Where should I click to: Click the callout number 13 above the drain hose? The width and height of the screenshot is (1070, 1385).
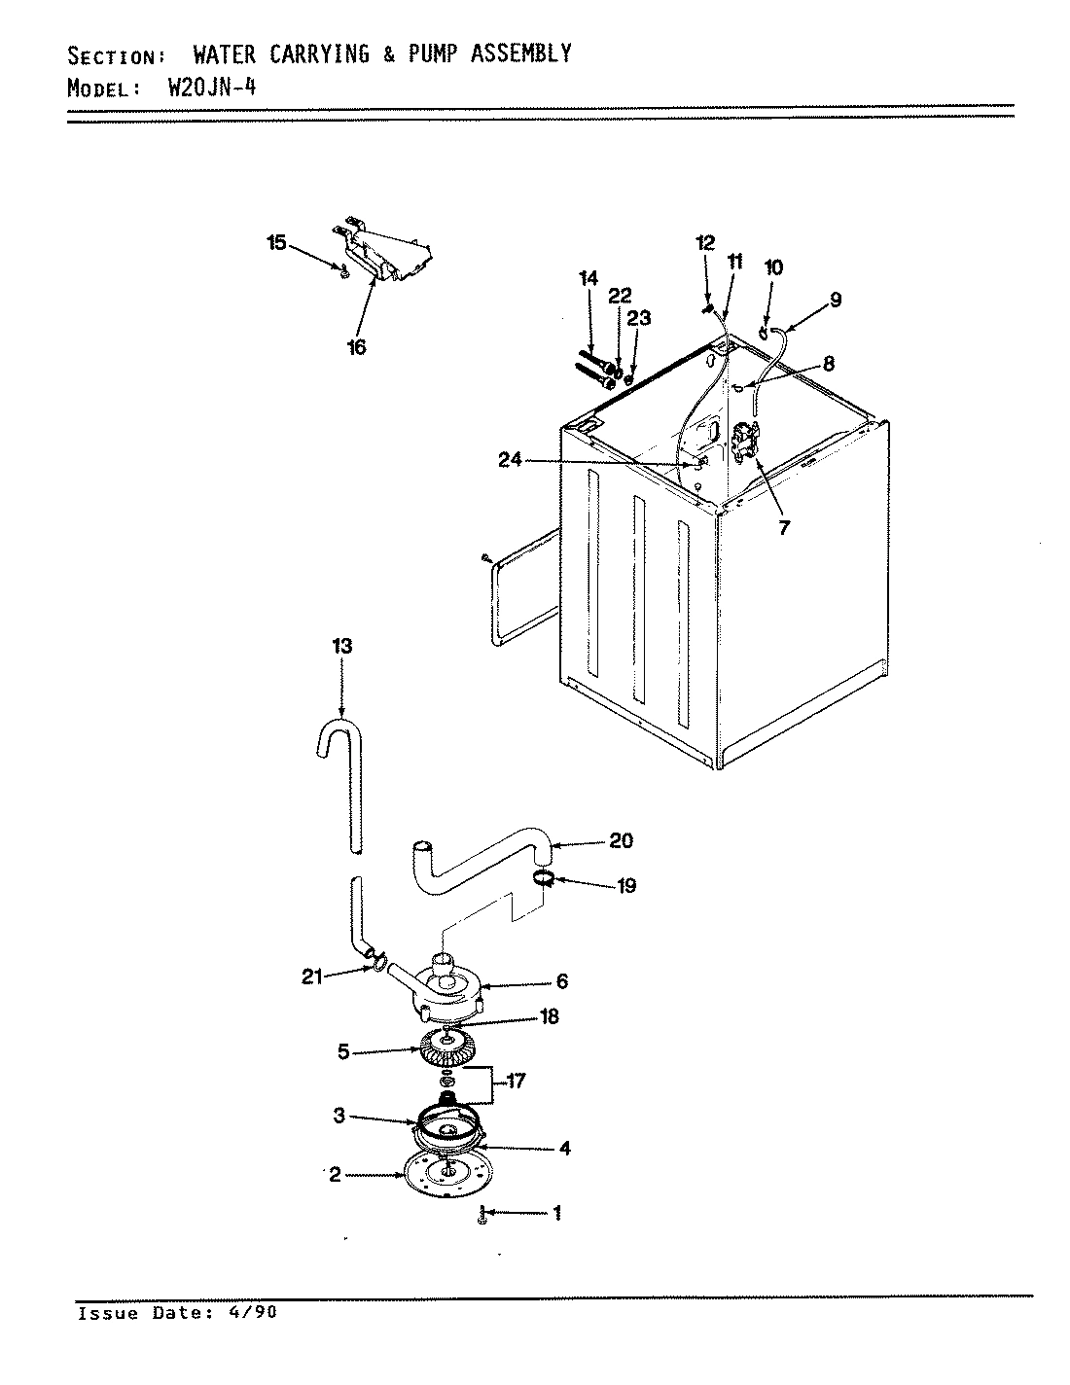pos(341,646)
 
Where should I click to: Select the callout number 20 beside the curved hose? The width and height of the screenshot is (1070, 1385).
pos(622,841)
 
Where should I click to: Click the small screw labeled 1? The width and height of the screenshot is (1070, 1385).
pos(481,1214)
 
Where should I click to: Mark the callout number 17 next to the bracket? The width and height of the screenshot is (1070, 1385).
pos(515,1081)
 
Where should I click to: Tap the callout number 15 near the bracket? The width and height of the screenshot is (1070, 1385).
pos(277,243)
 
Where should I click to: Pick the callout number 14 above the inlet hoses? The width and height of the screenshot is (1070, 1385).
pos(588,279)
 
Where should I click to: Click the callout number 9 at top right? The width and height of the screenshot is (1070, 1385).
pos(836,300)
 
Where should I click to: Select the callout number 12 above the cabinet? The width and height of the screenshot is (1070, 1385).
pos(705,241)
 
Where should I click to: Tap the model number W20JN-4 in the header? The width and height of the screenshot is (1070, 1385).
pos(212,89)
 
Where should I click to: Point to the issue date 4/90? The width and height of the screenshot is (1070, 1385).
pos(255,1313)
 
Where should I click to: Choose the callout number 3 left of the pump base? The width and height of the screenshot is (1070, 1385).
pos(339,1117)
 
